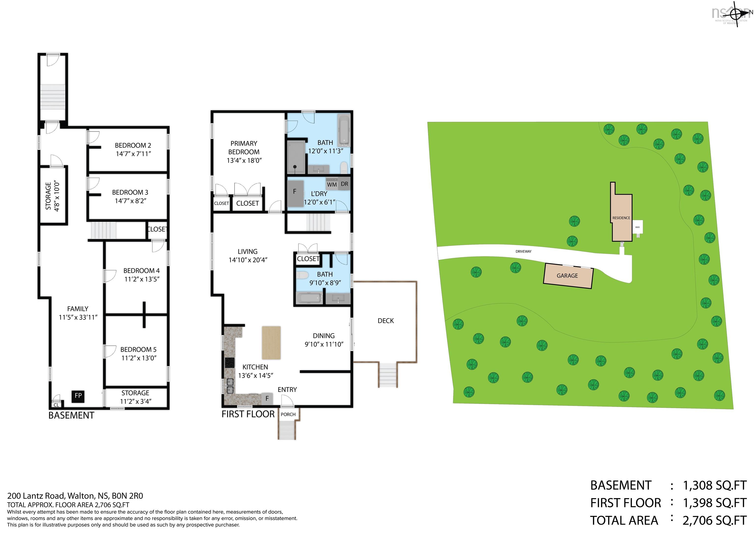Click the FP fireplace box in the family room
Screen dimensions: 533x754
pyautogui.click(x=78, y=396)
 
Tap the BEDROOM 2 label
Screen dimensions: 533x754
pyautogui.click(x=133, y=146)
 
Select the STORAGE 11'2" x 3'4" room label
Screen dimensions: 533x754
pyautogui.click(x=135, y=397)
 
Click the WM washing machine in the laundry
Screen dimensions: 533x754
pyautogui.click(x=332, y=185)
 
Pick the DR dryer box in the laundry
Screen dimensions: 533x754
pyautogui.click(x=344, y=184)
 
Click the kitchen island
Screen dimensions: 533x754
pyautogui.click(x=271, y=343)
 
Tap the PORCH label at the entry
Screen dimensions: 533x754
pyautogui.click(x=288, y=414)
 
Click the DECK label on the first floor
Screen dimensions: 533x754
pyautogui.click(x=386, y=321)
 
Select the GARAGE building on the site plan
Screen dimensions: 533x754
pyautogui.click(x=568, y=276)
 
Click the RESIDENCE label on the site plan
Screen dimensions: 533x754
pyautogui.click(x=621, y=218)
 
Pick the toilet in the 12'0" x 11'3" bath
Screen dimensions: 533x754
pyautogui.click(x=344, y=168)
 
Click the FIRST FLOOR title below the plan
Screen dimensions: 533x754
pyautogui.click(x=248, y=414)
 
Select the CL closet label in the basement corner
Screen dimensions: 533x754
pyautogui.click(x=56, y=405)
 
